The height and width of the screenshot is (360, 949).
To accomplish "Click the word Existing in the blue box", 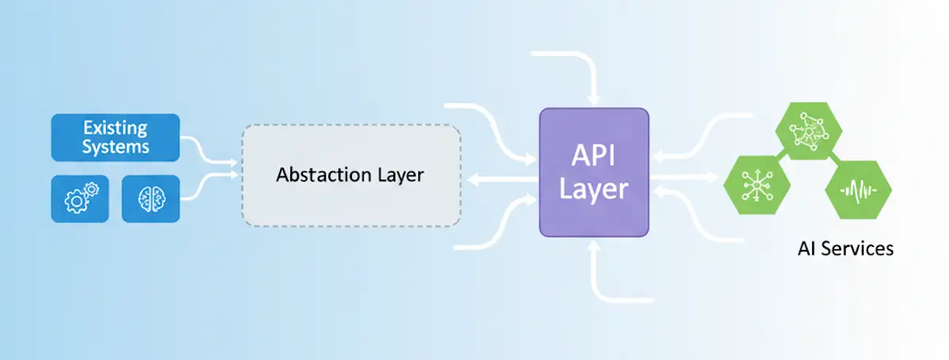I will (115, 127).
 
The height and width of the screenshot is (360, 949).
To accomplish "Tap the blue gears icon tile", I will (79, 198).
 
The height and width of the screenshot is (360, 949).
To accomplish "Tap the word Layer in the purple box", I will (594, 189).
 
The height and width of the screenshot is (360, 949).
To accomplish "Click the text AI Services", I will (845, 248).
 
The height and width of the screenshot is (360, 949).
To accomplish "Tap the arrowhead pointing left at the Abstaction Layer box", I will (473, 180).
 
